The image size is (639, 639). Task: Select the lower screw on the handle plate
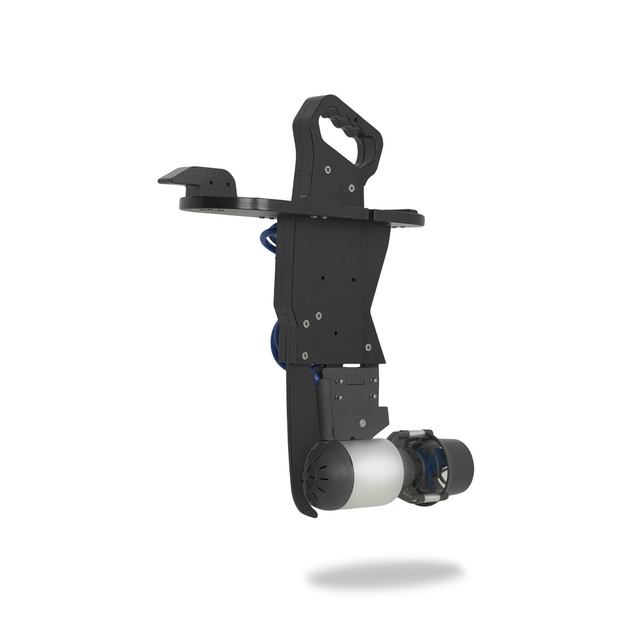point(351,187)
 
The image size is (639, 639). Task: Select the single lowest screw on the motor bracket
point(363,422)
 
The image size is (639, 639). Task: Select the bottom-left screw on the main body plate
point(304,356)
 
